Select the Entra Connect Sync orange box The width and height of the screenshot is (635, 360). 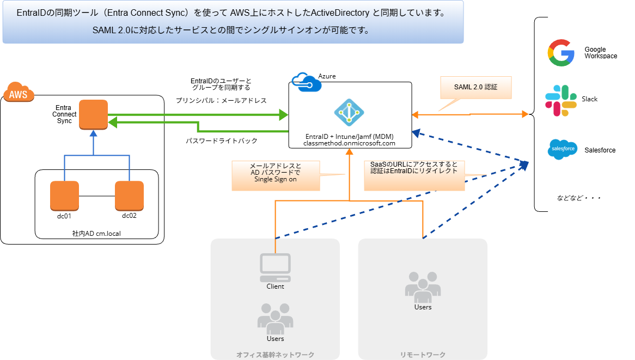click(93, 114)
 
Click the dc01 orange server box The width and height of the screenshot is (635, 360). click(64, 196)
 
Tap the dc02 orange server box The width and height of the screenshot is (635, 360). click(129, 196)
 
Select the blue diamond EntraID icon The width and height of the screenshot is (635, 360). click(349, 113)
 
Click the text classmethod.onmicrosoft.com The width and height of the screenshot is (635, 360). click(349, 143)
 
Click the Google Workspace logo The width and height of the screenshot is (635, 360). click(561, 53)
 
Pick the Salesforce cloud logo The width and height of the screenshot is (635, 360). click(563, 149)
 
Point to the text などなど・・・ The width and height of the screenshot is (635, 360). click(578, 198)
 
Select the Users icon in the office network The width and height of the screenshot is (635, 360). click(275, 319)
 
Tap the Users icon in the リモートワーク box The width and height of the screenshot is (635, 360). click(423, 287)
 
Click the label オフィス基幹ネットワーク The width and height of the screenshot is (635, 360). click(275, 355)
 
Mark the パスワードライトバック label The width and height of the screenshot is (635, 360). click(222, 141)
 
